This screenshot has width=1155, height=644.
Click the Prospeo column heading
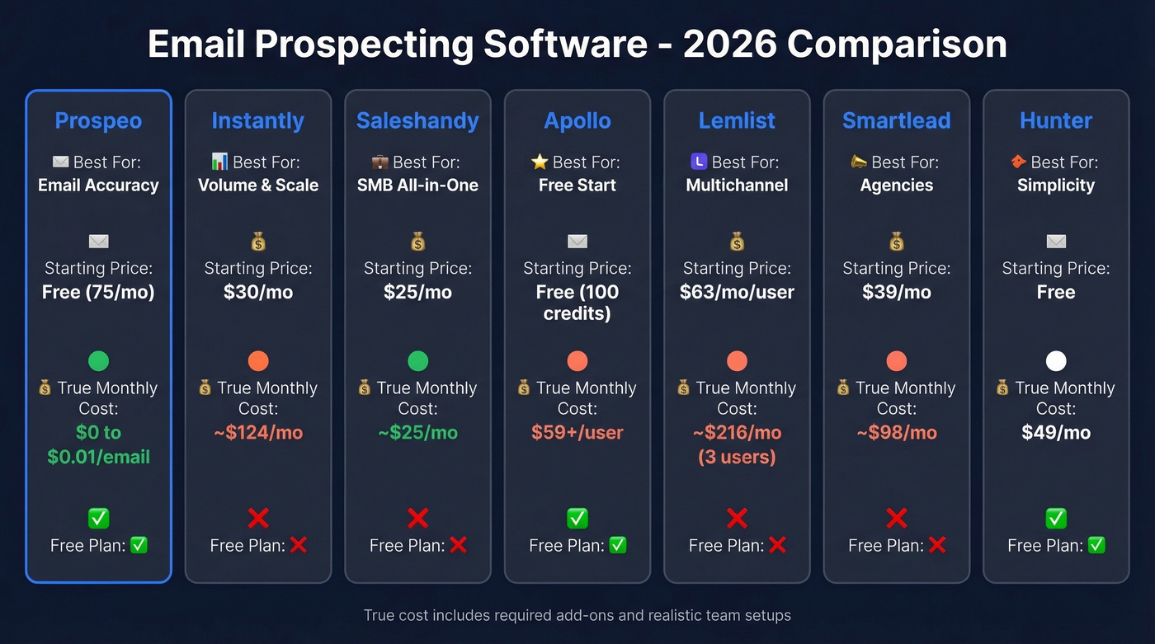[x=98, y=120]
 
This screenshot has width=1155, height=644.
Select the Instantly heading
[x=257, y=120]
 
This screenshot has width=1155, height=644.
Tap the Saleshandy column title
[x=417, y=120]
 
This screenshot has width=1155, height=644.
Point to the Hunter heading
[x=1056, y=120]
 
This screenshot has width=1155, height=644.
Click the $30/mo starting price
[x=257, y=292]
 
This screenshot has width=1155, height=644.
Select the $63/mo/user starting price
[x=737, y=292]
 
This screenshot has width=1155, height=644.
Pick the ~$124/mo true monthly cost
[x=257, y=432]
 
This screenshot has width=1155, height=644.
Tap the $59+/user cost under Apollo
[x=577, y=432]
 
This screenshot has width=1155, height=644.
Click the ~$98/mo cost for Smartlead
[x=897, y=432]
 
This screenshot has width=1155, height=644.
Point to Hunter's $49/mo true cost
[x=1056, y=432]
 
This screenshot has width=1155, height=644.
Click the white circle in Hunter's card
[x=1056, y=361]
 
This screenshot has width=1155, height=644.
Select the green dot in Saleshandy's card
[x=417, y=361]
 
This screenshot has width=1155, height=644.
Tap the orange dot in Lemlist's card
[x=737, y=361]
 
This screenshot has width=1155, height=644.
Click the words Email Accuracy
[x=98, y=185]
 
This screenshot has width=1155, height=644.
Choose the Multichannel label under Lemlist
[x=737, y=185]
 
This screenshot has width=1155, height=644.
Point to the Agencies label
[x=897, y=185]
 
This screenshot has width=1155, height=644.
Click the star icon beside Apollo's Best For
[x=540, y=162]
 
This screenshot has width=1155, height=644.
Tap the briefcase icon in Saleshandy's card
[x=380, y=162]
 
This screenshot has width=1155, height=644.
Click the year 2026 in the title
[x=729, y=45]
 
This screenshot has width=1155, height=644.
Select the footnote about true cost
[x=577, y=615]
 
